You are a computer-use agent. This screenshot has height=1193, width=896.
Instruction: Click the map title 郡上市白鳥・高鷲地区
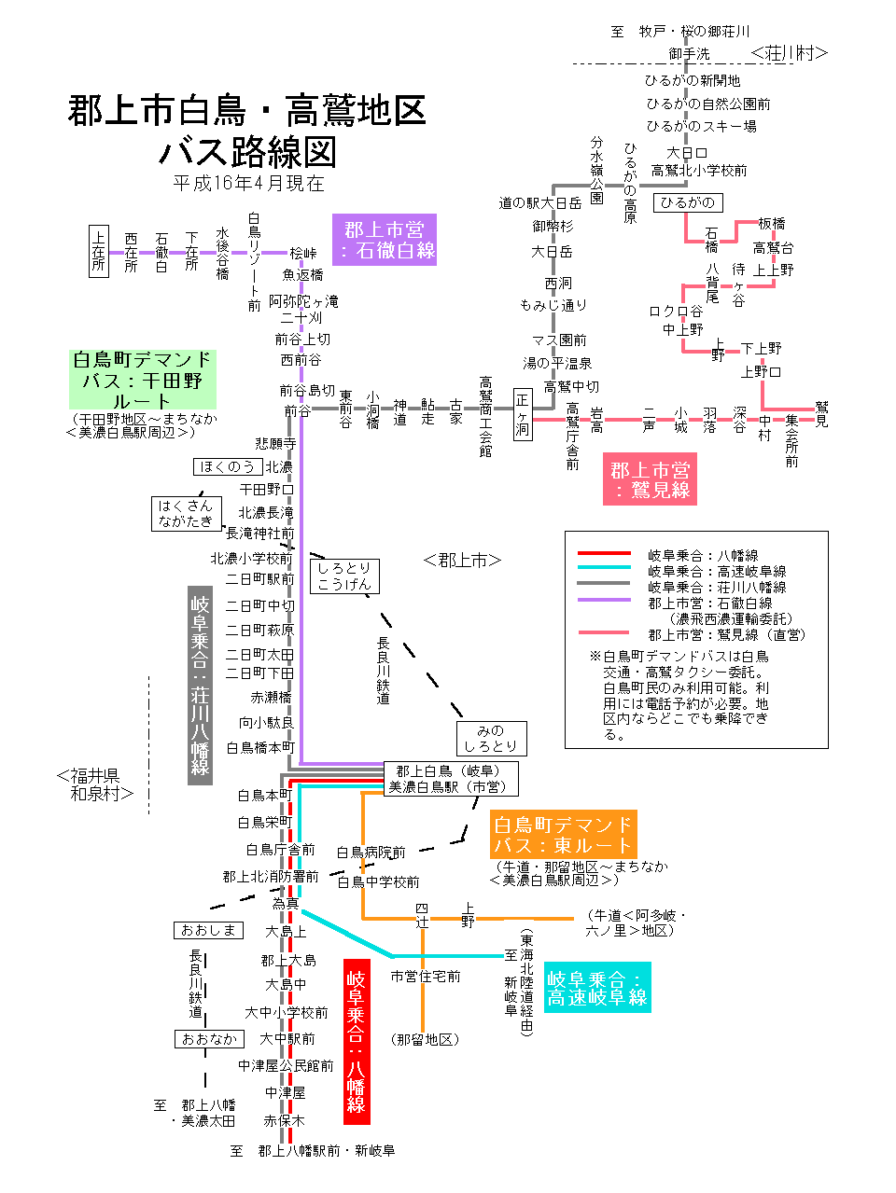coord(246,111)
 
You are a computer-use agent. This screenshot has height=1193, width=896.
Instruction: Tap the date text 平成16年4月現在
coord(248,183)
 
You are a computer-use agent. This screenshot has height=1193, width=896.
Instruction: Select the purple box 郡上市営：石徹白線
coord(384,240)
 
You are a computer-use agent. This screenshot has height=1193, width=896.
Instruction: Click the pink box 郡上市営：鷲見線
coord(650,479)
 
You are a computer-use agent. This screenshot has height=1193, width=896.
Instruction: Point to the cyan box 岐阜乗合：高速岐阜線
coord(596,988)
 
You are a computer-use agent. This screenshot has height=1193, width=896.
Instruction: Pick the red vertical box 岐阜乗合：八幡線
coord(357,1041)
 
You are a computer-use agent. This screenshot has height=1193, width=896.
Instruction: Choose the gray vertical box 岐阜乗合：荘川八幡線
coord(200,686)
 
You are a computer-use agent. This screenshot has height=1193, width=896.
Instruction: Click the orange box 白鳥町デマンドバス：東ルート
coord(563,835)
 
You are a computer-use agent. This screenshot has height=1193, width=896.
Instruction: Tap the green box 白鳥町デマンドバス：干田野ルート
coord(142,380)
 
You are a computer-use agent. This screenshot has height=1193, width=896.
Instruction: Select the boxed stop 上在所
coord(99,251)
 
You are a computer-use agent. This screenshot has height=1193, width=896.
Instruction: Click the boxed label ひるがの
coord(687,202)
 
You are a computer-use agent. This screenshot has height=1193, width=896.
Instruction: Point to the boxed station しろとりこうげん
coord(343,576)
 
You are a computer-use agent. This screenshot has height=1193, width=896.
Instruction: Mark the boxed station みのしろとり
coord(491,738)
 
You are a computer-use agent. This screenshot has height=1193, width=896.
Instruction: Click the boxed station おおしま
coord(209,930)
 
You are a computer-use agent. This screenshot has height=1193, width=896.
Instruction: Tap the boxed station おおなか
coord(209,1038)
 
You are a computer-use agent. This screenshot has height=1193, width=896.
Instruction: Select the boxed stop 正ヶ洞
coord(523,415)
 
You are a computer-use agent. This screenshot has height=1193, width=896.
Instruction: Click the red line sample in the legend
coord(604,554)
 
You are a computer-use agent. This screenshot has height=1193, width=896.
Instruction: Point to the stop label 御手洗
coord(689,54)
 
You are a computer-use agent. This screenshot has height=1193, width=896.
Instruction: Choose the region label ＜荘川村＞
coord(789,53)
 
